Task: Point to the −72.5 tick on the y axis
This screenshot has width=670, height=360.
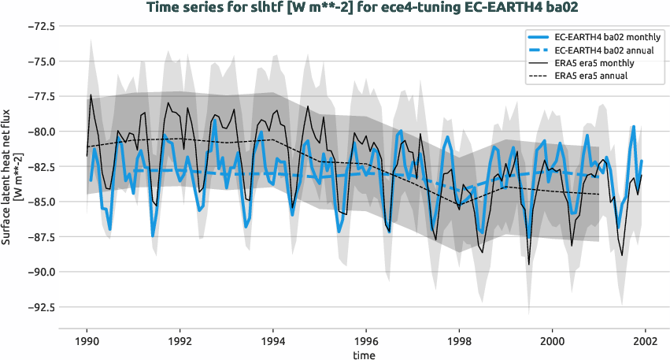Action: [x=39, y=26]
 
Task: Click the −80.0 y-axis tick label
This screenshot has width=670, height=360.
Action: [x=39, y=132]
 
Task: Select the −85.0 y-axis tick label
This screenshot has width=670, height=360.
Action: [x=39, y=202]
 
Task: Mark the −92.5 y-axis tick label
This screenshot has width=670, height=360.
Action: [x=39, y=307]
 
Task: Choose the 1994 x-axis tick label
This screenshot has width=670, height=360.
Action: [x=273, y=342]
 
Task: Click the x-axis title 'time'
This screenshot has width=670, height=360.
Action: [x=364, y=355]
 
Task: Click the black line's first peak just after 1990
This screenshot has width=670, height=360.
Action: [x=91, y=95]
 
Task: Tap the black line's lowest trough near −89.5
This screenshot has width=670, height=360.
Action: [x=528, y=265]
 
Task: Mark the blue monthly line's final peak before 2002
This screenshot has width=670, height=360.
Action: [x=632, y=126]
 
